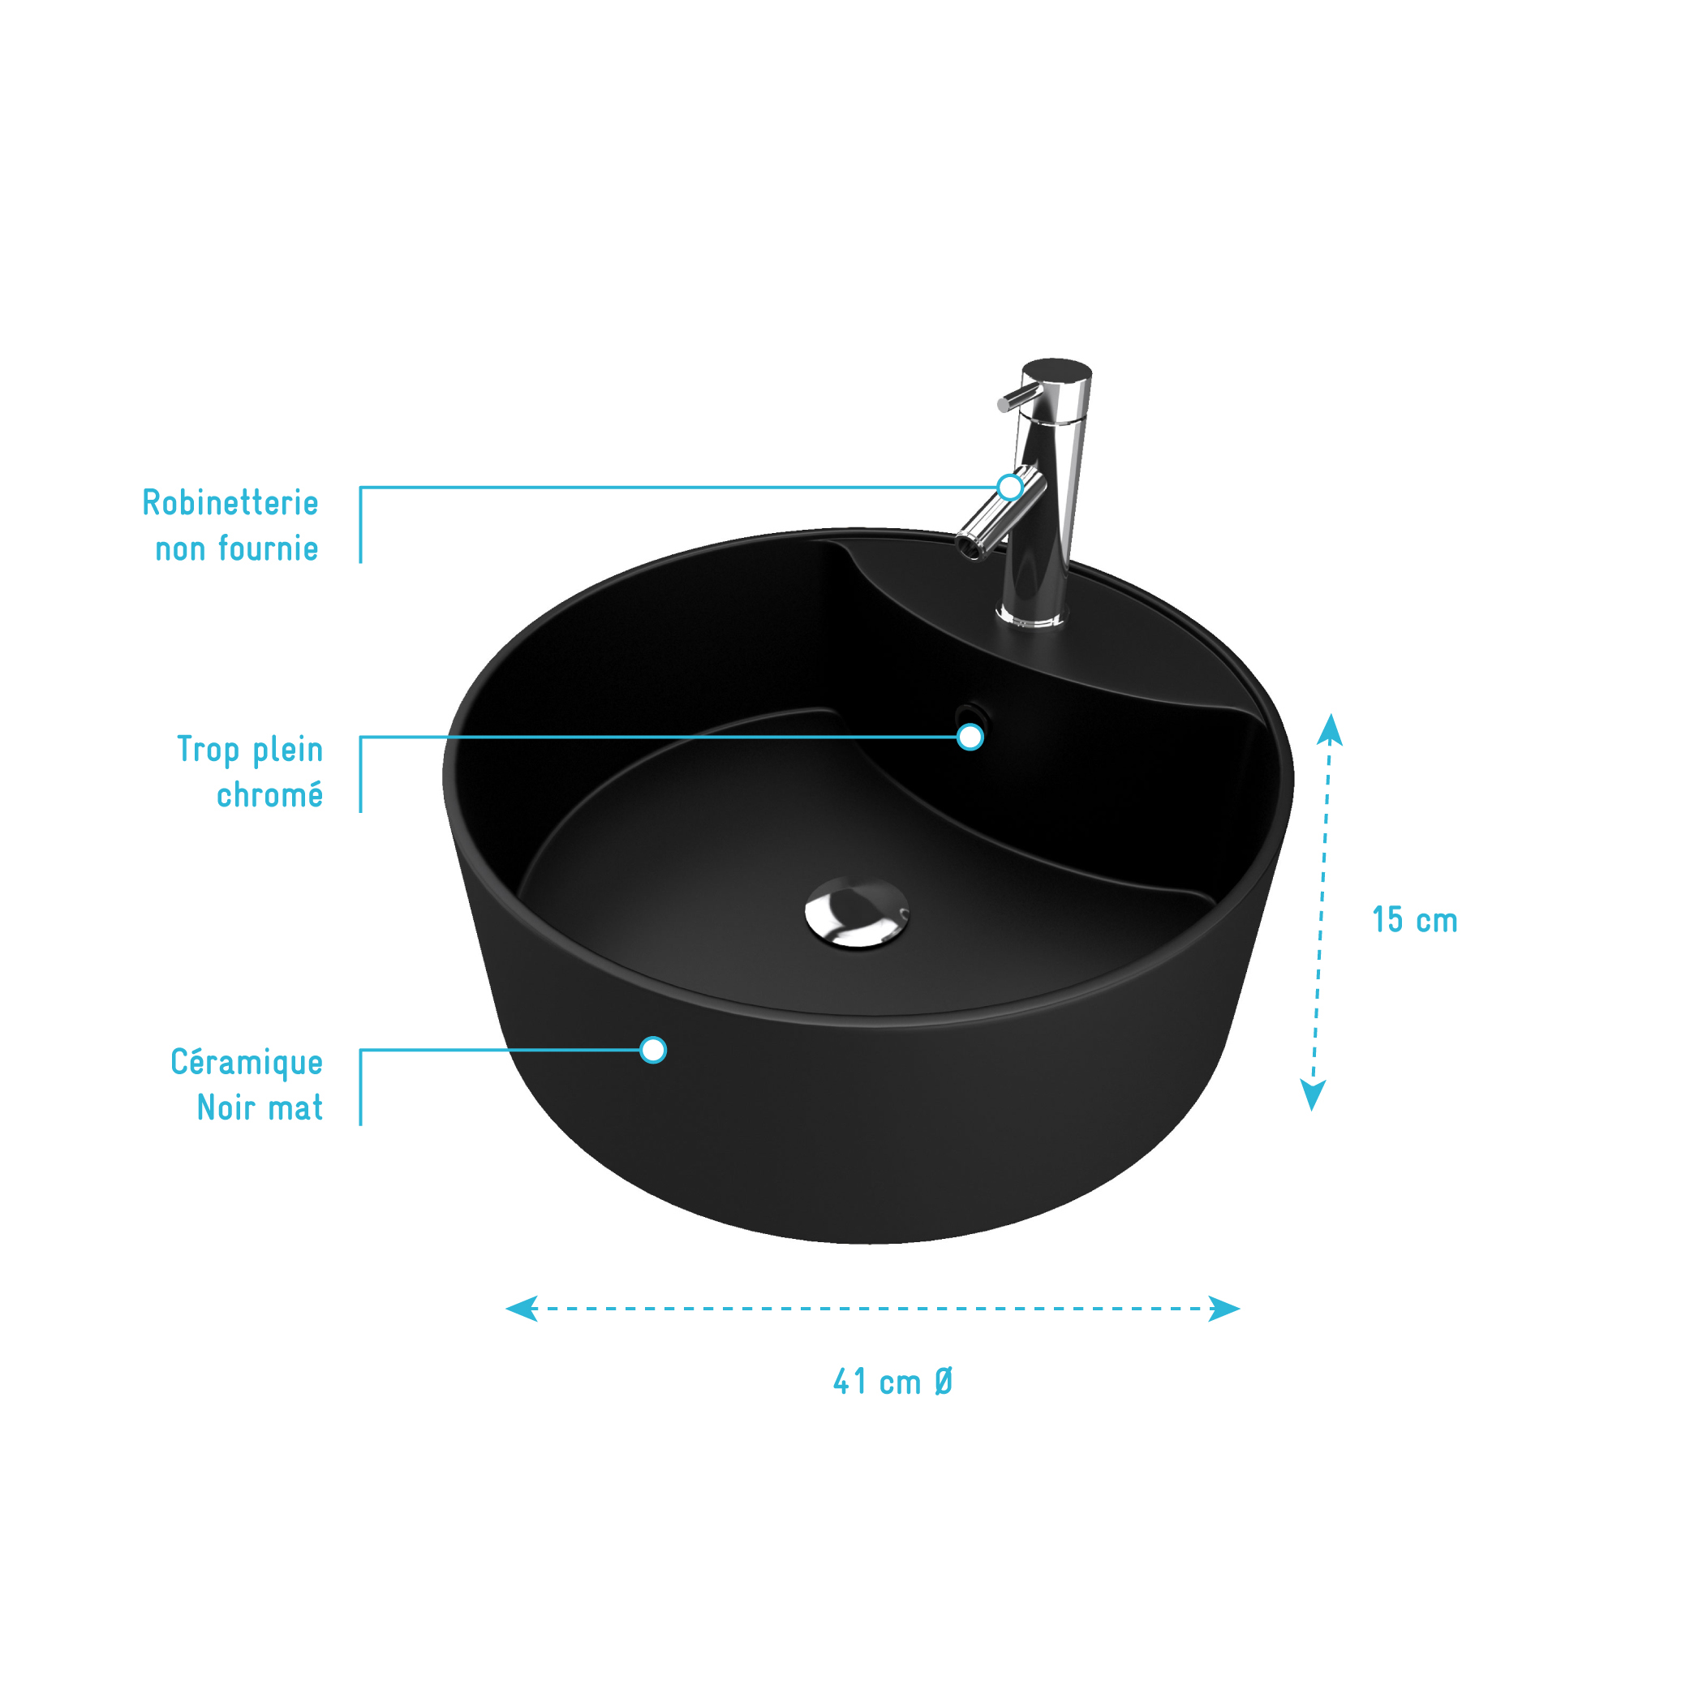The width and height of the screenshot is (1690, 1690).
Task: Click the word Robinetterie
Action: coord(230,503)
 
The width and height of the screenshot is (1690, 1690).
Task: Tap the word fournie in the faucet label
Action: coord(268,548)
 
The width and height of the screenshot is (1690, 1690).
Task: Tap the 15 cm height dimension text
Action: coord(1414,920)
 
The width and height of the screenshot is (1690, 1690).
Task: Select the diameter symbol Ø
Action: coord(943,1382)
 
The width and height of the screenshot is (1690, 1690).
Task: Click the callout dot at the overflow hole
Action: coord(970,737)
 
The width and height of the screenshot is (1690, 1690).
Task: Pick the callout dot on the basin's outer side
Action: coord(652,1050)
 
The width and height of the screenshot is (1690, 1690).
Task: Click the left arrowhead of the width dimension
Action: coord(522,1309)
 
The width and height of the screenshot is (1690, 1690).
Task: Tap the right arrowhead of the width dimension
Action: coord(1224,1309)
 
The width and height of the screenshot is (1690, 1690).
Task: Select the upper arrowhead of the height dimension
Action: coord(1330,730)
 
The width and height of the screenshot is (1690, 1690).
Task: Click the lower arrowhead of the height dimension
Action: coord(1313,1095)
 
